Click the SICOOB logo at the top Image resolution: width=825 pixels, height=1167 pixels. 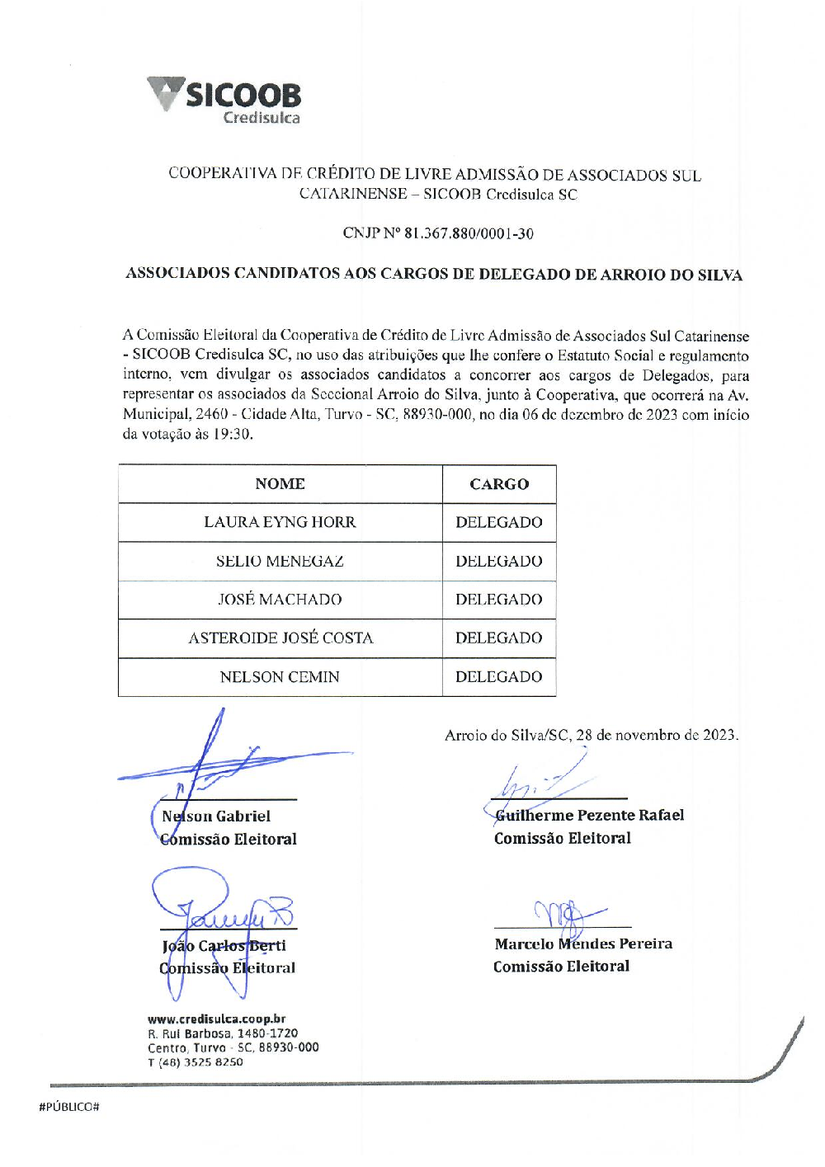pos(224,100)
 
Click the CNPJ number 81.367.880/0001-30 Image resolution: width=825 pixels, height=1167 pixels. pos(469,233)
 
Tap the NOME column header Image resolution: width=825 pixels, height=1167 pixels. pos(280,484)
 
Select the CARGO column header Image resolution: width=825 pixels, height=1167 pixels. pos(499,484)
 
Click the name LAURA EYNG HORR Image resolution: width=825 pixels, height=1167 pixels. pos(280,522)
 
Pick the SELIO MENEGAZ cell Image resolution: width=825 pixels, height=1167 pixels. pos(280,561)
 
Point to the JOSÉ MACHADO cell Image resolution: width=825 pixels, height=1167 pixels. pos(280,600)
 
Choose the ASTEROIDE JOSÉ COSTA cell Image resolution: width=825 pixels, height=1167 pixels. pos(280,638)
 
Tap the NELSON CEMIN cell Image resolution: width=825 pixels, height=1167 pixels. pos(280,676)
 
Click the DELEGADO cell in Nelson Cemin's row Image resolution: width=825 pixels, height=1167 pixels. pos(499,676)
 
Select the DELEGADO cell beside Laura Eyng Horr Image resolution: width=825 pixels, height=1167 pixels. pos(499,522)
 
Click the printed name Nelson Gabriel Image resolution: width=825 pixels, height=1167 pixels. pos(216,816)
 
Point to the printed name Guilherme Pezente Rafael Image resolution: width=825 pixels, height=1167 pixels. pos(589,815)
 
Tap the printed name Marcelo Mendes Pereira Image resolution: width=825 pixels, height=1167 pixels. pos(583,943)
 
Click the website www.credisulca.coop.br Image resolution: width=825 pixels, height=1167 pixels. pos(217,1019)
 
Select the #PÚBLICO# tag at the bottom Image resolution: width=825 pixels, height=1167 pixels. pos(68,1107)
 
